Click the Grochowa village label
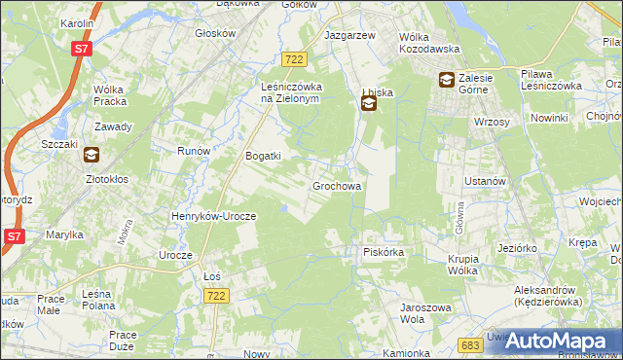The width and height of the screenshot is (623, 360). tap(337, 185)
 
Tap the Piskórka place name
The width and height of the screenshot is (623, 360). tap(383, 252)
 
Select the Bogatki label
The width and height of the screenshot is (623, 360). tap(263, 156)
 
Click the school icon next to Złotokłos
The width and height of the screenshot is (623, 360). tap(91, 154)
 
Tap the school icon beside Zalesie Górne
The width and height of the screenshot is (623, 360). tap(446, 81)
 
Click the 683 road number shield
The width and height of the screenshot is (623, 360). tap(469, 344)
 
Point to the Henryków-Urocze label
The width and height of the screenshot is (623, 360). tap(212, 216)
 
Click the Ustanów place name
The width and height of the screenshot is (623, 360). tap(484, 181)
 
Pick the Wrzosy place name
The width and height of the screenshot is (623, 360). tap(493, 122)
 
